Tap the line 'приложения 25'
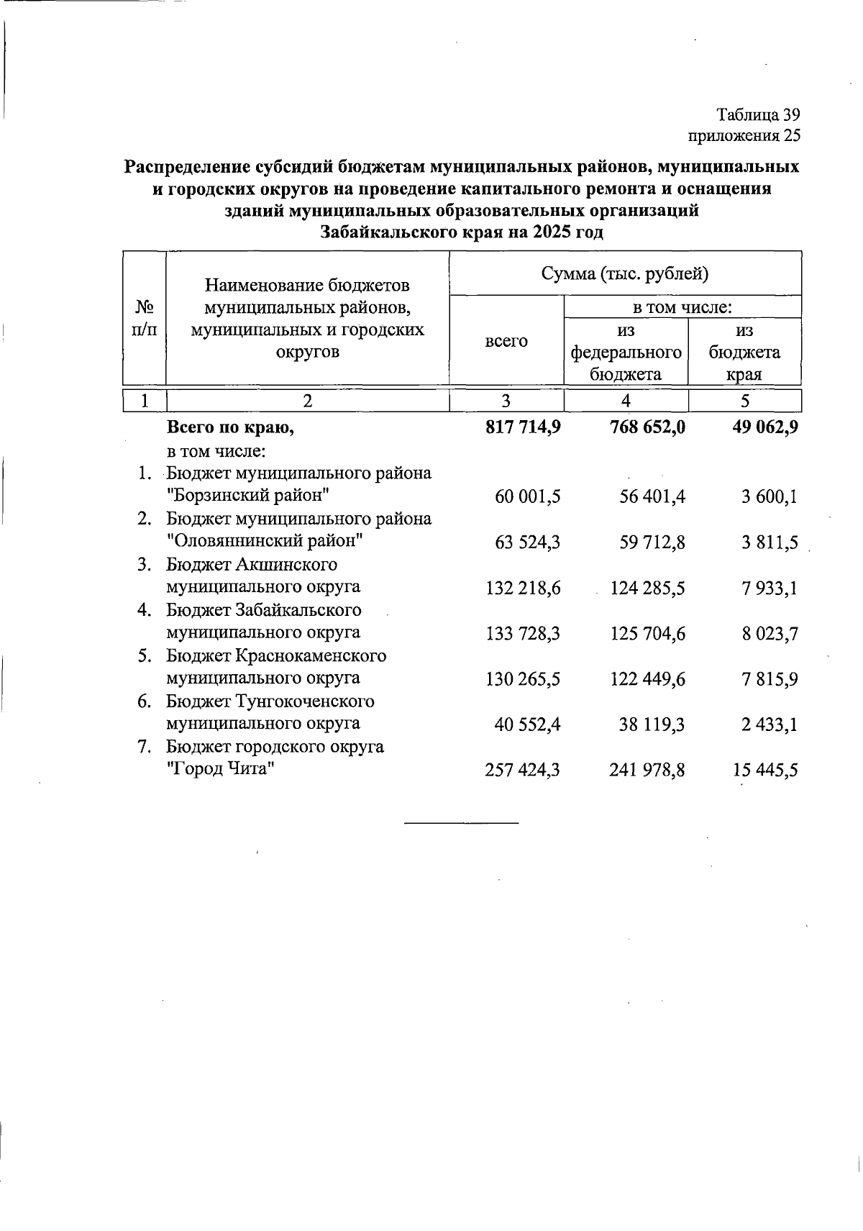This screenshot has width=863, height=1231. point(744,135)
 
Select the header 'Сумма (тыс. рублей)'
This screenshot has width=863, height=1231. point(625,273)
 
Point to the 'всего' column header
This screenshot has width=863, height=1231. point(506,341)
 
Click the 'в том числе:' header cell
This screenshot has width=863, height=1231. point(682,308)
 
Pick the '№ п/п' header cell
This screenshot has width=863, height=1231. point(145,318)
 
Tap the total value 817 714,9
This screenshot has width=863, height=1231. point(523,427)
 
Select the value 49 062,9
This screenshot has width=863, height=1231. point(764,427)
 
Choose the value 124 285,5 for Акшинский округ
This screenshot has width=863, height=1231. point(647,589)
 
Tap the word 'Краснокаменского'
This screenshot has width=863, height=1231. point(311,656)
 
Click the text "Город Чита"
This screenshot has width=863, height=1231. point(222,769)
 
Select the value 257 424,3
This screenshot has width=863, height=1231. point(523,771)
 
